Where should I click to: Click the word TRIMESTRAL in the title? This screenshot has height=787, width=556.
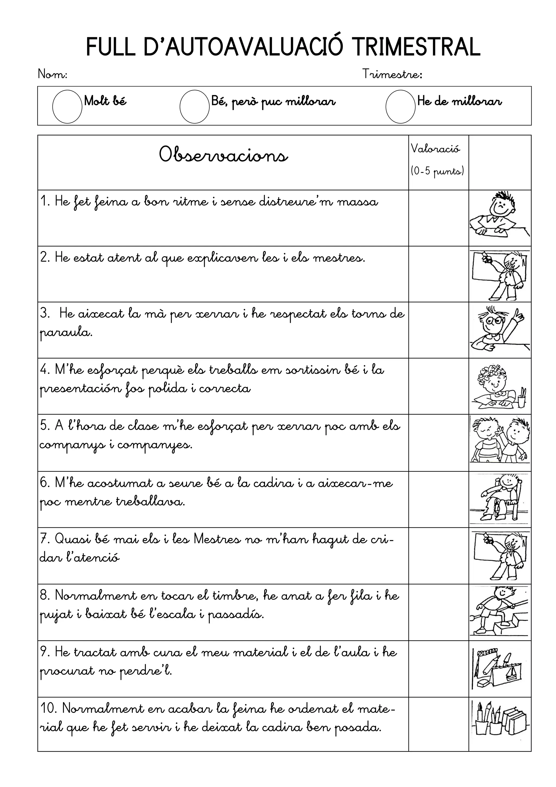pyautogui.click(x=416, y=47)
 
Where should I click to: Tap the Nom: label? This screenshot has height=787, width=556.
pyautogui.click(x=52, y=74)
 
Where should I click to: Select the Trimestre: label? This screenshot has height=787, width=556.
pyautogui.click(x=392, y=74)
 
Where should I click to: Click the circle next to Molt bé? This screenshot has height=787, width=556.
pyautogui.click(x=67, y=106)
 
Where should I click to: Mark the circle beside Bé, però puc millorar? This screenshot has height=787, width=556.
pyautogui.click(x=194, y=106)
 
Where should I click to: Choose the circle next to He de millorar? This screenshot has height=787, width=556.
pyautogui.click(x=400, y=106)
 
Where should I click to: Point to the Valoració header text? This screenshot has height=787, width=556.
pyautogui.click(x=435, y=149)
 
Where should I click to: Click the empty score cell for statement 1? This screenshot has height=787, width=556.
pyautogui.click(x=438, y=218)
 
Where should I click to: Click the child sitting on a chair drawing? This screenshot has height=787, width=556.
pyautogui.click(x=500, y=499)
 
